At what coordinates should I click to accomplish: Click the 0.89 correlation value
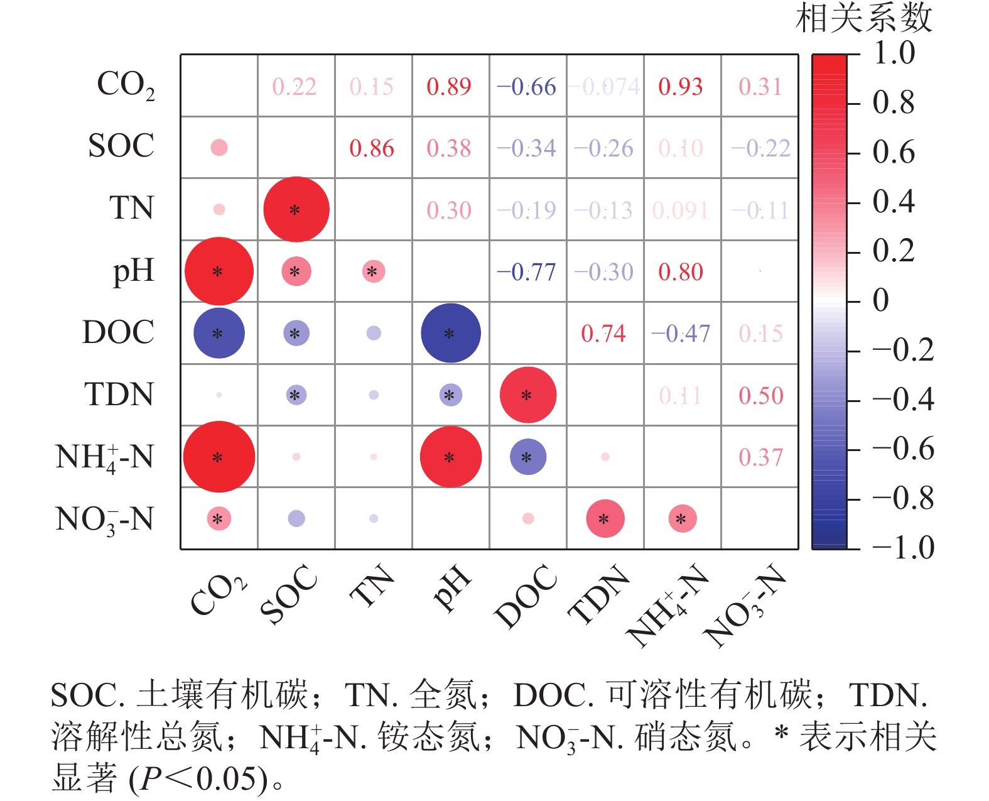tap(448, 87)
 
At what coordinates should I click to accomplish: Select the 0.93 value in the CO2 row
tap(681, 87)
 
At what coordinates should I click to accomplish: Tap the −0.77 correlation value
tap(526, 272)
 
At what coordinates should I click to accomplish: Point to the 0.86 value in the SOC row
tap(372, 148)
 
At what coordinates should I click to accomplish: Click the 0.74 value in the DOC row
tap(603, 334)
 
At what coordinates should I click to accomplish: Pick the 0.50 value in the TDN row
tap(760, 396)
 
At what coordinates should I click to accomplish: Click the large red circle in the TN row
tap(296, 209)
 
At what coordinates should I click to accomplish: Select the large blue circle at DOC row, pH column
tap(450, 333)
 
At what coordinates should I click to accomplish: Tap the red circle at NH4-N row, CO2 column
tap(219, 457)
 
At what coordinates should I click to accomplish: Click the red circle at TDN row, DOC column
tap(527, 395)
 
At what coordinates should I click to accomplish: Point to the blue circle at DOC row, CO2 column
tap(219, 333)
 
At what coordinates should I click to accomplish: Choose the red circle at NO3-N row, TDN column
tap(605, 518)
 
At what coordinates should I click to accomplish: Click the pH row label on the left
tap(133, 271)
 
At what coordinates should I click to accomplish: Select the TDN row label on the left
tap(119, 395)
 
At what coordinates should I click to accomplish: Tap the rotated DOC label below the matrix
tap(526, 596)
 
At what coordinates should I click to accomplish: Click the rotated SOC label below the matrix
tap(289, 594)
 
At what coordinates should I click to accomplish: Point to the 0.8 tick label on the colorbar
tap(893, 102)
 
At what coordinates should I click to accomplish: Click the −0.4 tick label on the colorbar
tap(903, 400)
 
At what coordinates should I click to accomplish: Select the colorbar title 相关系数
tap(864, 18)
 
